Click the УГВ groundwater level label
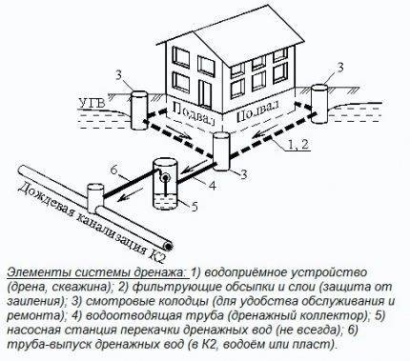92,104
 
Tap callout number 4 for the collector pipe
212,185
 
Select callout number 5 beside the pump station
194,206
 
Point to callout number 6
114,170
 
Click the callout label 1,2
298,144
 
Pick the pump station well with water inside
164,184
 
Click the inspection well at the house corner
221,151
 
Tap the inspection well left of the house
139,110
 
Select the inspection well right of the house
319,104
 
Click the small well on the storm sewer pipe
95,197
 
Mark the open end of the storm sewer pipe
168,246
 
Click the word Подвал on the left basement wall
192,112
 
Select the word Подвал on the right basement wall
257,111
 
